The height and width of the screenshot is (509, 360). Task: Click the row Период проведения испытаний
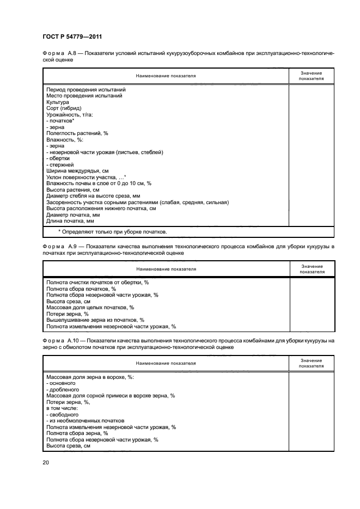coord(86,89)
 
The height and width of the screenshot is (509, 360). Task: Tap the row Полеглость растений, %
coord(77,133)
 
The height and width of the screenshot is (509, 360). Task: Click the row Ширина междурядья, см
coord(77,170)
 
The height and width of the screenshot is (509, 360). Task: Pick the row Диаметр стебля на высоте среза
coord(94,195)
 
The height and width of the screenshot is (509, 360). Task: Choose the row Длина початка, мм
coord(70,221)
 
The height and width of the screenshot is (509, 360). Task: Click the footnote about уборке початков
coord(112,232)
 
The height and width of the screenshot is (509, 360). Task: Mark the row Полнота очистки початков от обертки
coord(97,282)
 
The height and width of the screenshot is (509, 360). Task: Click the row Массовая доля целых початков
coord(90,307)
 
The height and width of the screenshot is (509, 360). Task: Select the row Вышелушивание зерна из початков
coord(95,320)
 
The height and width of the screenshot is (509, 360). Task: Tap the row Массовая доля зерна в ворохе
coord(90,377)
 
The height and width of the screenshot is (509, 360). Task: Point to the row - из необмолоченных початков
coord(86,421)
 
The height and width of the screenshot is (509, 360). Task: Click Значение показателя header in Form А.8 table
coord(311,76)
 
